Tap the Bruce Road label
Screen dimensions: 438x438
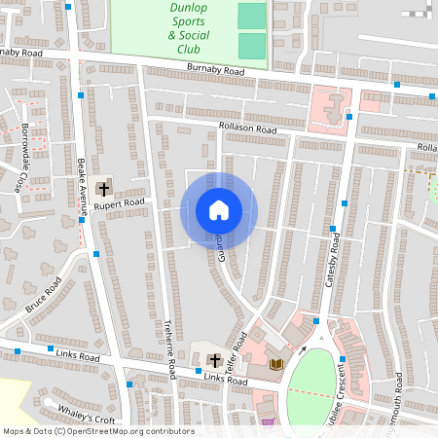pos(44,295)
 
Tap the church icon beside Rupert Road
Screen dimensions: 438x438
pos(103,189)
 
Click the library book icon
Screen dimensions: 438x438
pos(275,364)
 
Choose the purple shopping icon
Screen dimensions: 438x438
pos(269,422)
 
